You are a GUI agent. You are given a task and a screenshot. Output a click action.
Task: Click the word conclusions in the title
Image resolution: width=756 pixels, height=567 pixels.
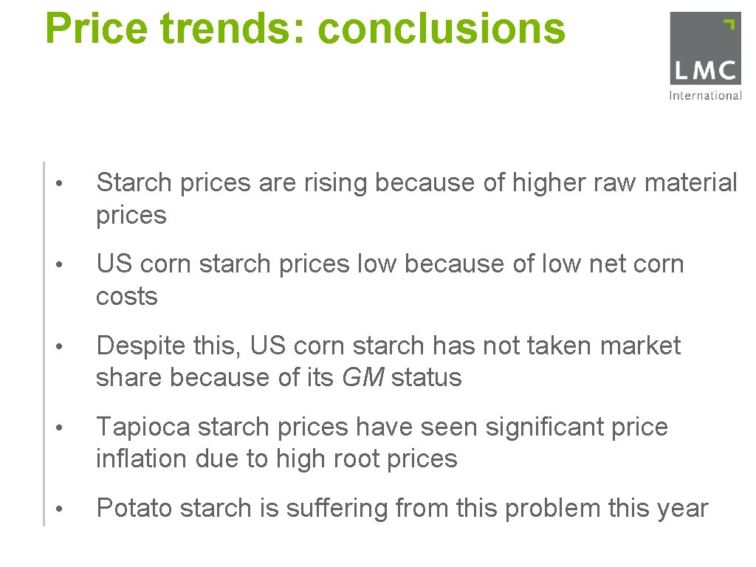(x=441, y=28)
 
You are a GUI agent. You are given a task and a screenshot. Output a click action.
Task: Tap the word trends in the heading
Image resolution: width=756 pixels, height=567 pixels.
(x=234, y=28)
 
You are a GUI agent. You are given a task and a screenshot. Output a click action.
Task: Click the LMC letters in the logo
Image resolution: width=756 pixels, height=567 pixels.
(x=704, y=72)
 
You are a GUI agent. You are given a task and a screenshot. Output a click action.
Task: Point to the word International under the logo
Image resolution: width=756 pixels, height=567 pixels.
(x=704, y=95)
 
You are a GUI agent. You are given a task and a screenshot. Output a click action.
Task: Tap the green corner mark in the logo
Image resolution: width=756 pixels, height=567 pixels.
(x=729, y=23)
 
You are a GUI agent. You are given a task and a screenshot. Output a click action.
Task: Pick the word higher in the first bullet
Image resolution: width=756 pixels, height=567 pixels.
(x=526, y=182)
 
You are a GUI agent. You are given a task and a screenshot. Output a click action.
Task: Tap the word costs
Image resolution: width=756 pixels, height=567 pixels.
(x=127, y=296)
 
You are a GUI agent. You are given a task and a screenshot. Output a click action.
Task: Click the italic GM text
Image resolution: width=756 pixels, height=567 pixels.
(x=363, y=377)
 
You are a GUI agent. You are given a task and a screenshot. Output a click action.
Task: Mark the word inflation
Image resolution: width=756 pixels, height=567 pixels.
(x=141, y=458)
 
